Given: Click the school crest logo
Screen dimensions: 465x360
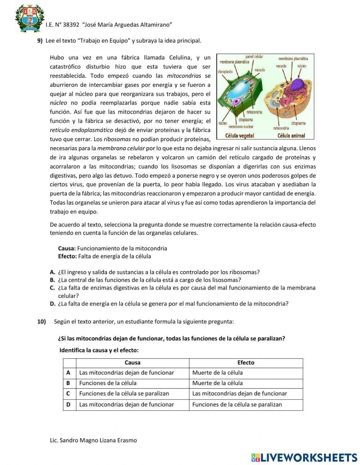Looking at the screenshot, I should pyautogui.click(x=29, y=18).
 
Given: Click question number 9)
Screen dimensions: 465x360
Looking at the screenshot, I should pyautogui.click(x=40, y=41).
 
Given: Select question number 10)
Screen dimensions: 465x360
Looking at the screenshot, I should pyautogui.click(x=41, y=322).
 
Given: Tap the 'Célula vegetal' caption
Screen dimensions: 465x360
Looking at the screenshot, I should pyautogui.click(x=239, y=136).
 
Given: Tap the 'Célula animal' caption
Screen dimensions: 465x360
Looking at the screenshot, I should pyautogui.click(x=291, y=136).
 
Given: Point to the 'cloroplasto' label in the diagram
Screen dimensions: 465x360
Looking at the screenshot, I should pyautogui.click(x=225, y=72).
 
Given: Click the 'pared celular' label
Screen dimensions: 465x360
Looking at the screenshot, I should pyautogui.click(x=254, y=57).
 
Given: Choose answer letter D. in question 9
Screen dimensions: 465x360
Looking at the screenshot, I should pyautogui.click(x=53, y=304).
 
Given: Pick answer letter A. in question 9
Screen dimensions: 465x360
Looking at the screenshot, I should pyautogui.click(x=53, y=272).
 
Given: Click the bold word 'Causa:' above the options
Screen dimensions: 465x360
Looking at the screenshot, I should pyautogui.click(x=67, y=248).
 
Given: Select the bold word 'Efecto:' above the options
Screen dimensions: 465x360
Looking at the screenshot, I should pyautogui.click(x=67, y=256).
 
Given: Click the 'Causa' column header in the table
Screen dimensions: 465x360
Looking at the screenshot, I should pyautogui.click(x=132, y=363).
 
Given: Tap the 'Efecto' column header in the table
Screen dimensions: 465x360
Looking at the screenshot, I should pyautogui.click(x=246, y=363).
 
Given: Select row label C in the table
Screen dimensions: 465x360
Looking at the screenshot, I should pyautogui.click(x=68, y=394).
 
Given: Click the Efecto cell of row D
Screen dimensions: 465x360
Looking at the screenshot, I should pyautogui.click(x=237, y=404).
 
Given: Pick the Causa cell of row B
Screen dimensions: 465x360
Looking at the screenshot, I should pyautogui.click(x=108, y=383).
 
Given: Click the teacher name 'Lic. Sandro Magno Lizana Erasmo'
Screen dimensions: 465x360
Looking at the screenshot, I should pyautogui.click(x=93, y=440).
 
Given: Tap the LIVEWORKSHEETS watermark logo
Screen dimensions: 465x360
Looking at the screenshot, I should pyautogui.click(x=304, y=457).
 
